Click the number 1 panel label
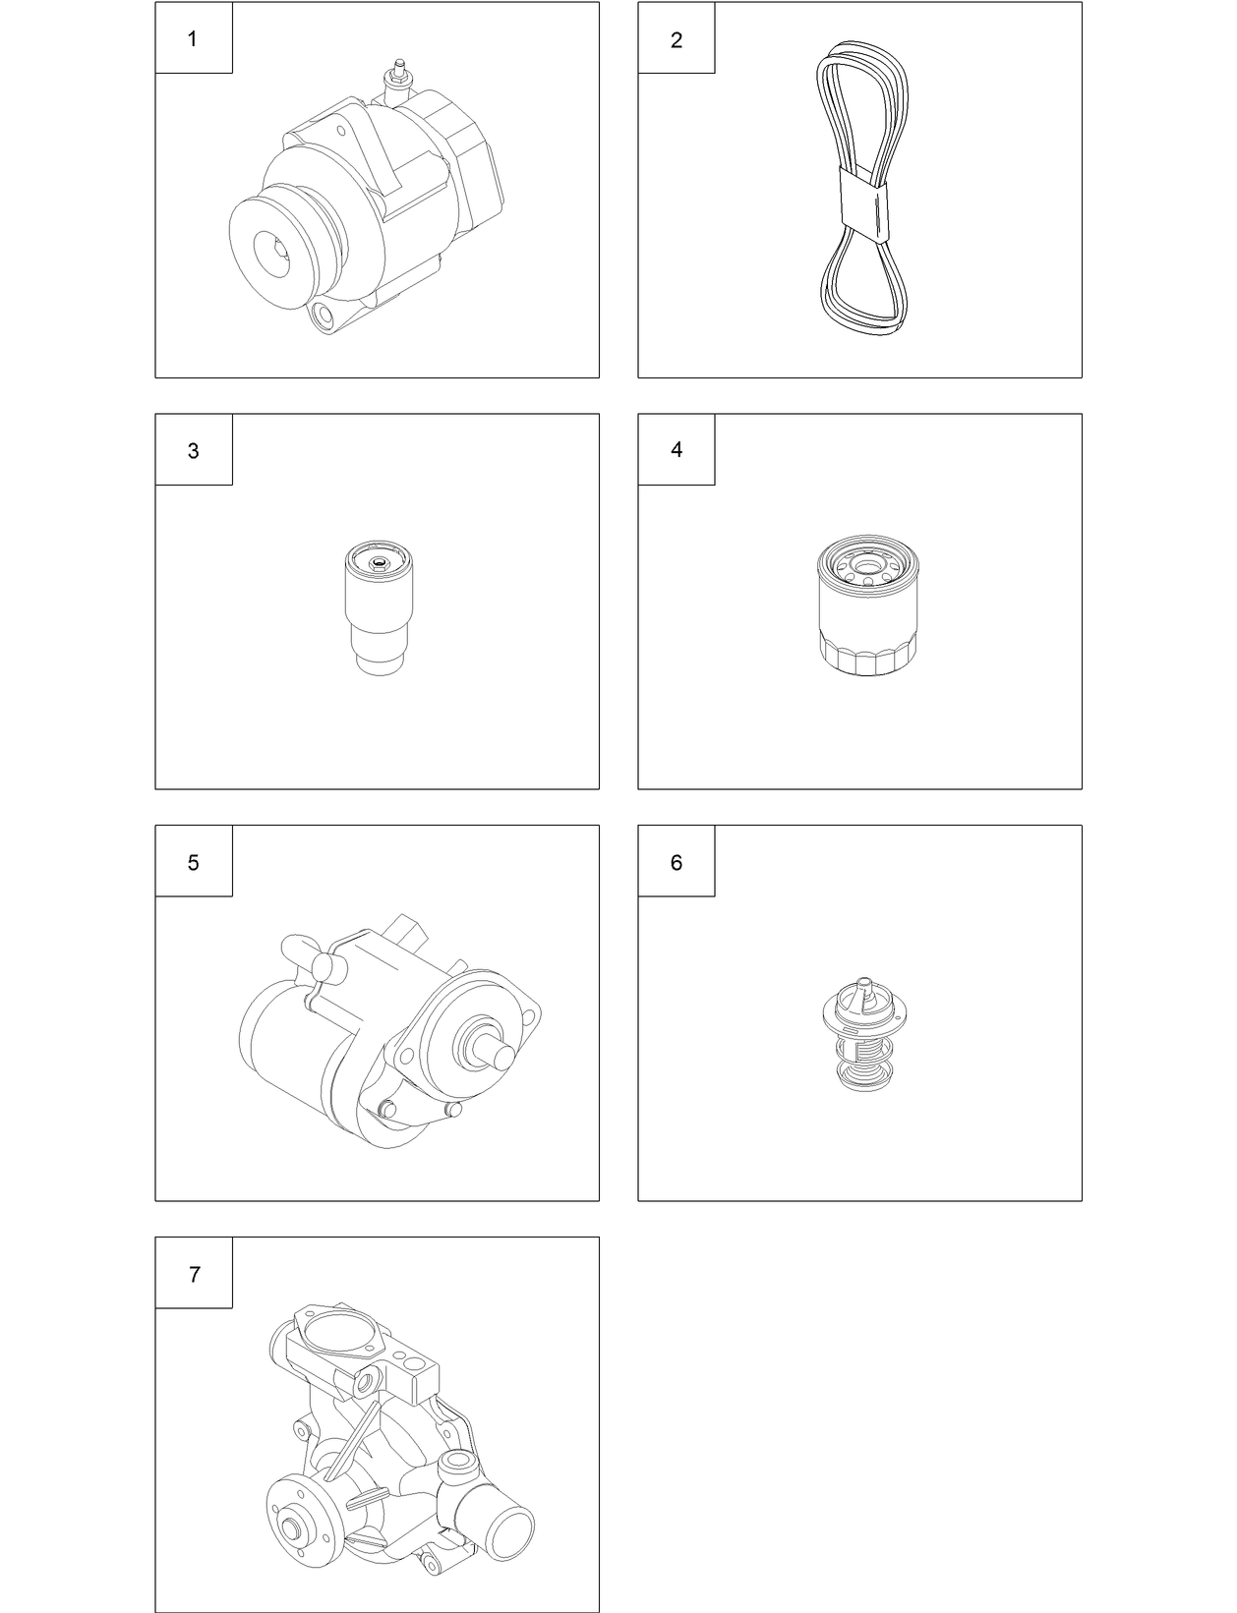coord(193,39)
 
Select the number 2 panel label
coord(676,40)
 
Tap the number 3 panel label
coord(193,451)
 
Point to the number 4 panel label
coord(676,450)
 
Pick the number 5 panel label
coord(193,863)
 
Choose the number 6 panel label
coord(676,863)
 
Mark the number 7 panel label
coord(194,1275)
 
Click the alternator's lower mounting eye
coord(322,317)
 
